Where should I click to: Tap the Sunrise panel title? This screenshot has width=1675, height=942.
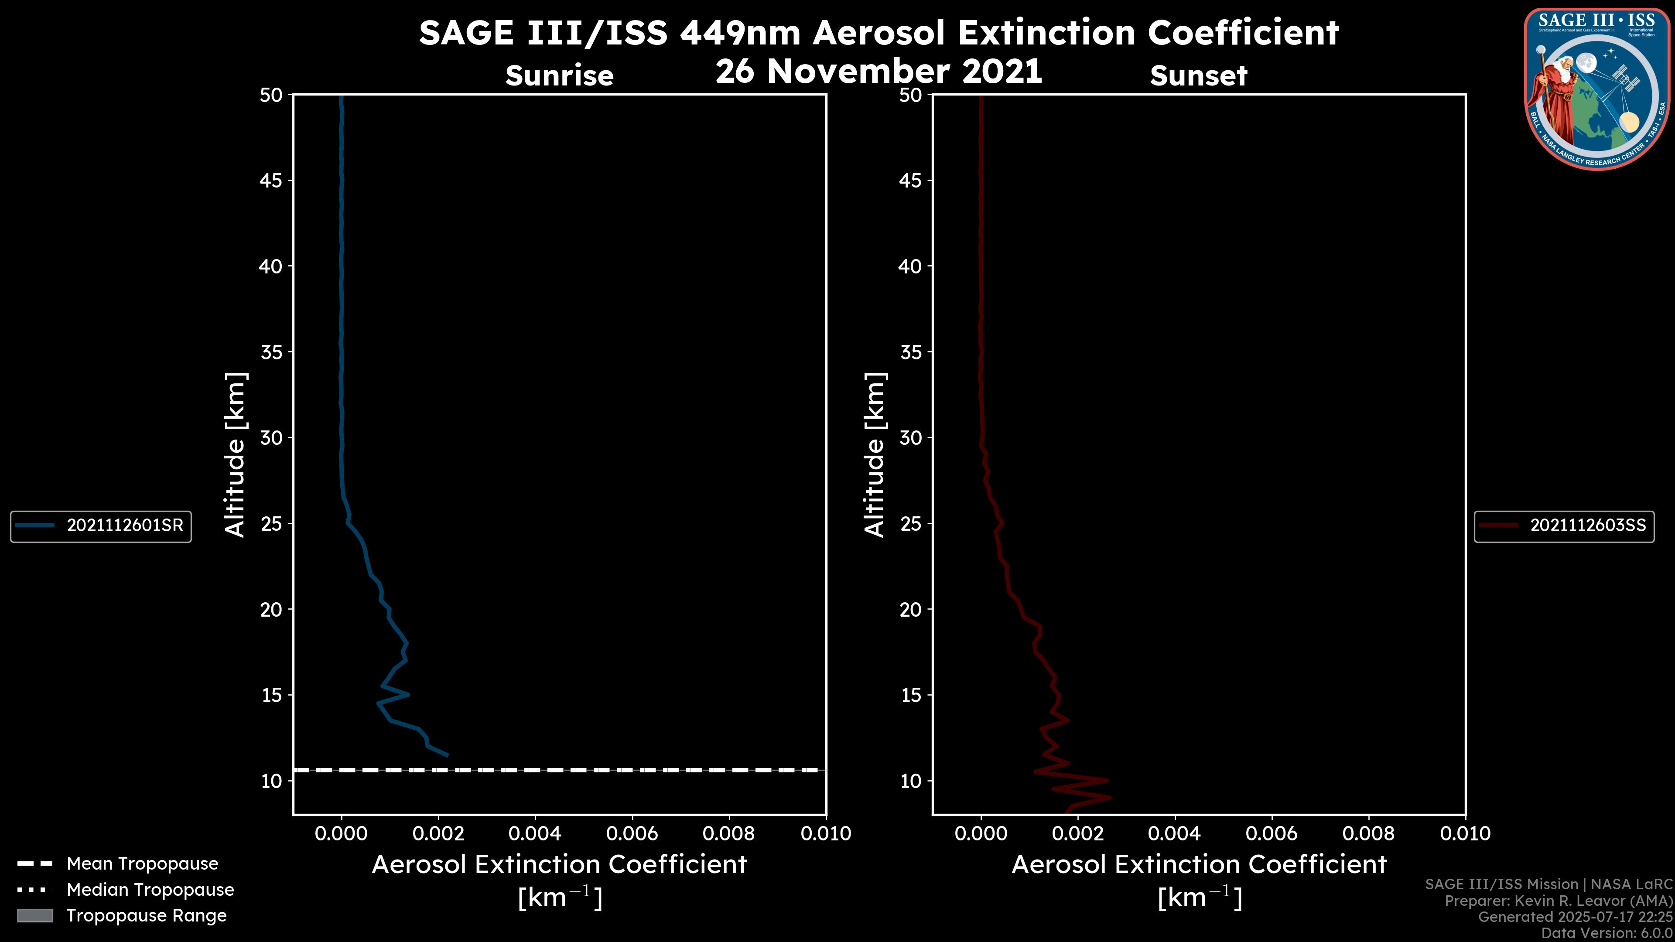point(559,76)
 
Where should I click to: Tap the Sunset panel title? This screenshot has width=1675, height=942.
point(1198,76)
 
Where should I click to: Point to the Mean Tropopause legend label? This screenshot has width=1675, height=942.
point(142,863)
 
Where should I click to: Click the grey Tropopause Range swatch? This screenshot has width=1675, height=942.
point(34,915)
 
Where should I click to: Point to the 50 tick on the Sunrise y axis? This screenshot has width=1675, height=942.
point(271,96)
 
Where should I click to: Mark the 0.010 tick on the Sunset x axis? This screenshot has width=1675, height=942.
point(1465,833)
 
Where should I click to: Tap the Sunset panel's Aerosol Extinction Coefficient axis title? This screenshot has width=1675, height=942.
point(1199,865)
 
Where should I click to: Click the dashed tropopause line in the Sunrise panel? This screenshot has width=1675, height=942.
point(559,770)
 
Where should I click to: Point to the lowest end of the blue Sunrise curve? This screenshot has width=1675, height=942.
point(448,755)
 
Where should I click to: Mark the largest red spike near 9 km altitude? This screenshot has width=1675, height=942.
point(1110,797)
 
